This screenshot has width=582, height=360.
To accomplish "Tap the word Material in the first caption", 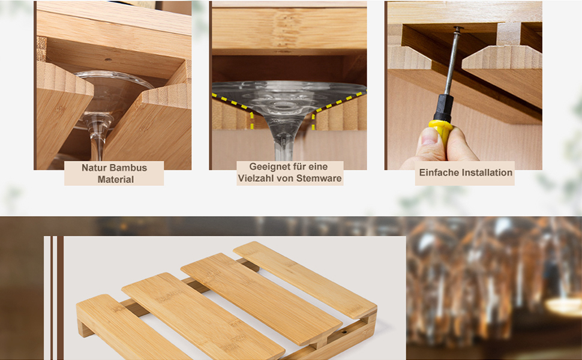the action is (115, 179).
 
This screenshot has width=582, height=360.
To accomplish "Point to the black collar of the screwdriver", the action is (444, 107).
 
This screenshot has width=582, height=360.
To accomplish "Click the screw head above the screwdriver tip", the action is (458, 29).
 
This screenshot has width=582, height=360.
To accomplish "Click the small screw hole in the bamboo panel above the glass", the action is (108, 60).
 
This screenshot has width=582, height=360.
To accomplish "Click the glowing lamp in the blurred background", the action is (563, 307).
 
